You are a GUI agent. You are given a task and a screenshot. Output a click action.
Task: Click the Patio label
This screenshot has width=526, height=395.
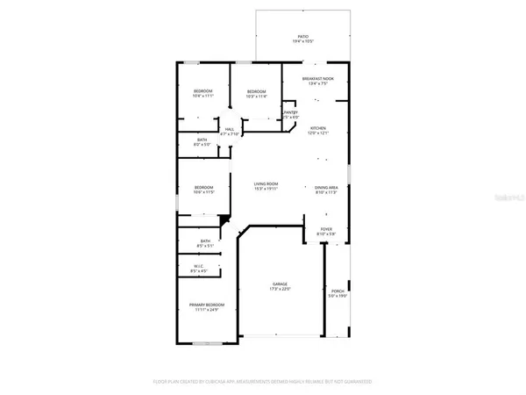point(302,37)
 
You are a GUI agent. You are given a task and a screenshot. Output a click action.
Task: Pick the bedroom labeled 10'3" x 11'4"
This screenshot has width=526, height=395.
point(256,91)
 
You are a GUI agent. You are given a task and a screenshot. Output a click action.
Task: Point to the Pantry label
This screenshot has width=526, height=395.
point(291,112)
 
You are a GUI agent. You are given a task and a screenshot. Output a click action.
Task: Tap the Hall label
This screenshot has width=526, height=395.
point(229,130)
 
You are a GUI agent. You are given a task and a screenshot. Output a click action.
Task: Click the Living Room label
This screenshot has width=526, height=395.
point(267,184)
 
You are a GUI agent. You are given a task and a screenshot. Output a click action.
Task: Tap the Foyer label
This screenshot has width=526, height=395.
point(323,230)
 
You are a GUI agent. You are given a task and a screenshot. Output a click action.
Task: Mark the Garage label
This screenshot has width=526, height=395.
point(279,285)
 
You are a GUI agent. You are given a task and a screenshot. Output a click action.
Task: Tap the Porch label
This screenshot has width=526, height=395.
point(338,291)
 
